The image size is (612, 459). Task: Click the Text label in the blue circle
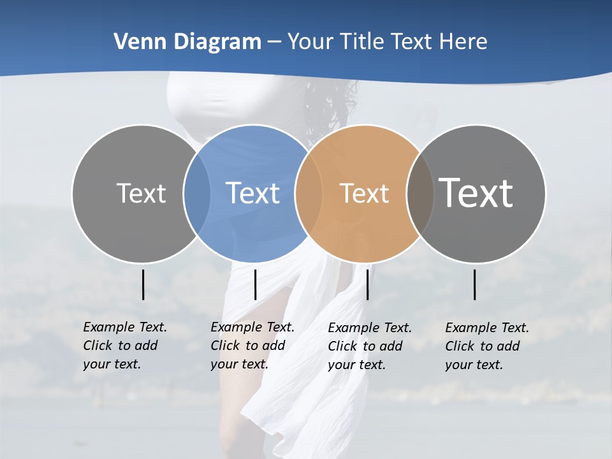(x=252, y=193)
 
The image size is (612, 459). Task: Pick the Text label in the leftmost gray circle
(x=141, y=193)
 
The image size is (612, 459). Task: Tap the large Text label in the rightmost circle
(x=476, y=193)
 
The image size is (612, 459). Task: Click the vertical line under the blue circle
(x=255, y=284)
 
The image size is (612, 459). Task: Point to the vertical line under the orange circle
(x=367, y=284)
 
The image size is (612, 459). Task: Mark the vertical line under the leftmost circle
(x=143, y=284)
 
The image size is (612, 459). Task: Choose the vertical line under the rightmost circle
(x=475, y=284)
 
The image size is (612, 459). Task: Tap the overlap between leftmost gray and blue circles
(x=196, y=194)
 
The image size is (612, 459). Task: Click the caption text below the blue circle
(x=252, y=346)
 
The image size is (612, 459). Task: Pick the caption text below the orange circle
(x=369, y=346)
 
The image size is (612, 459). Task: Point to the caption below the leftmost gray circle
(x=124, y=346)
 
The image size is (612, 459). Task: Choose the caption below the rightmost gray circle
(x=486, y=346)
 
